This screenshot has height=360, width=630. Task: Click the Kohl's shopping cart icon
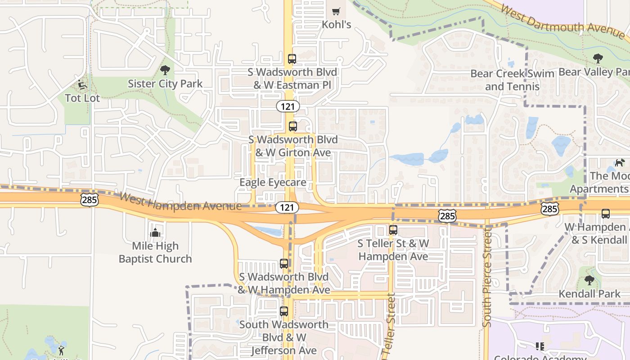pos(336,11)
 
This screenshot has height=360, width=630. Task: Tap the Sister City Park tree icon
pos(165,70)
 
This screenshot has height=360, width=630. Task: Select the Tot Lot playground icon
pos(82,85)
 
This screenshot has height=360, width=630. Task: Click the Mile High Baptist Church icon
pos(155,233)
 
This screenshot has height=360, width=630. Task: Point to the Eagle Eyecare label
pos(273,183)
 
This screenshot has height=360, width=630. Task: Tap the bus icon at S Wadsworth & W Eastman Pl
pos(292,58)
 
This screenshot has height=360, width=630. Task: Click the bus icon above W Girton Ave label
pos(293,126)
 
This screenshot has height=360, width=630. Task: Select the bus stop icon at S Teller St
pos(393,230)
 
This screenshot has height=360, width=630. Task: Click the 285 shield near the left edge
pos(89,200)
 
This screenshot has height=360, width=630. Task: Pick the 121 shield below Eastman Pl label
pos(288,107)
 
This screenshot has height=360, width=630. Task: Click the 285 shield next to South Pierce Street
pos(447,216)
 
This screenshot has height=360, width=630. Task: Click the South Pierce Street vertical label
pos(487,277)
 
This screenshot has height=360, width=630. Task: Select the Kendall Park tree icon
pos(589,281)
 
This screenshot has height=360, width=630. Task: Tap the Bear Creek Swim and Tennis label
pos(512,80)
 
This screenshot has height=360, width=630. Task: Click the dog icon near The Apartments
pos(620,162)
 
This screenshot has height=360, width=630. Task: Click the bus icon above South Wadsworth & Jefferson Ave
pos(284,311)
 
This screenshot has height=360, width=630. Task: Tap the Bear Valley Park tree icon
pos(598,58)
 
